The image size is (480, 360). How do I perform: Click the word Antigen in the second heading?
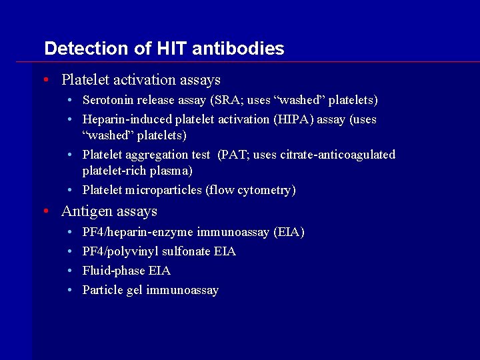(x=84, y=211)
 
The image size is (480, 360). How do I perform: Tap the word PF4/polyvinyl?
(x=120, y=251)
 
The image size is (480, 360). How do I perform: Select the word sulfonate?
(x=187, y=251)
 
